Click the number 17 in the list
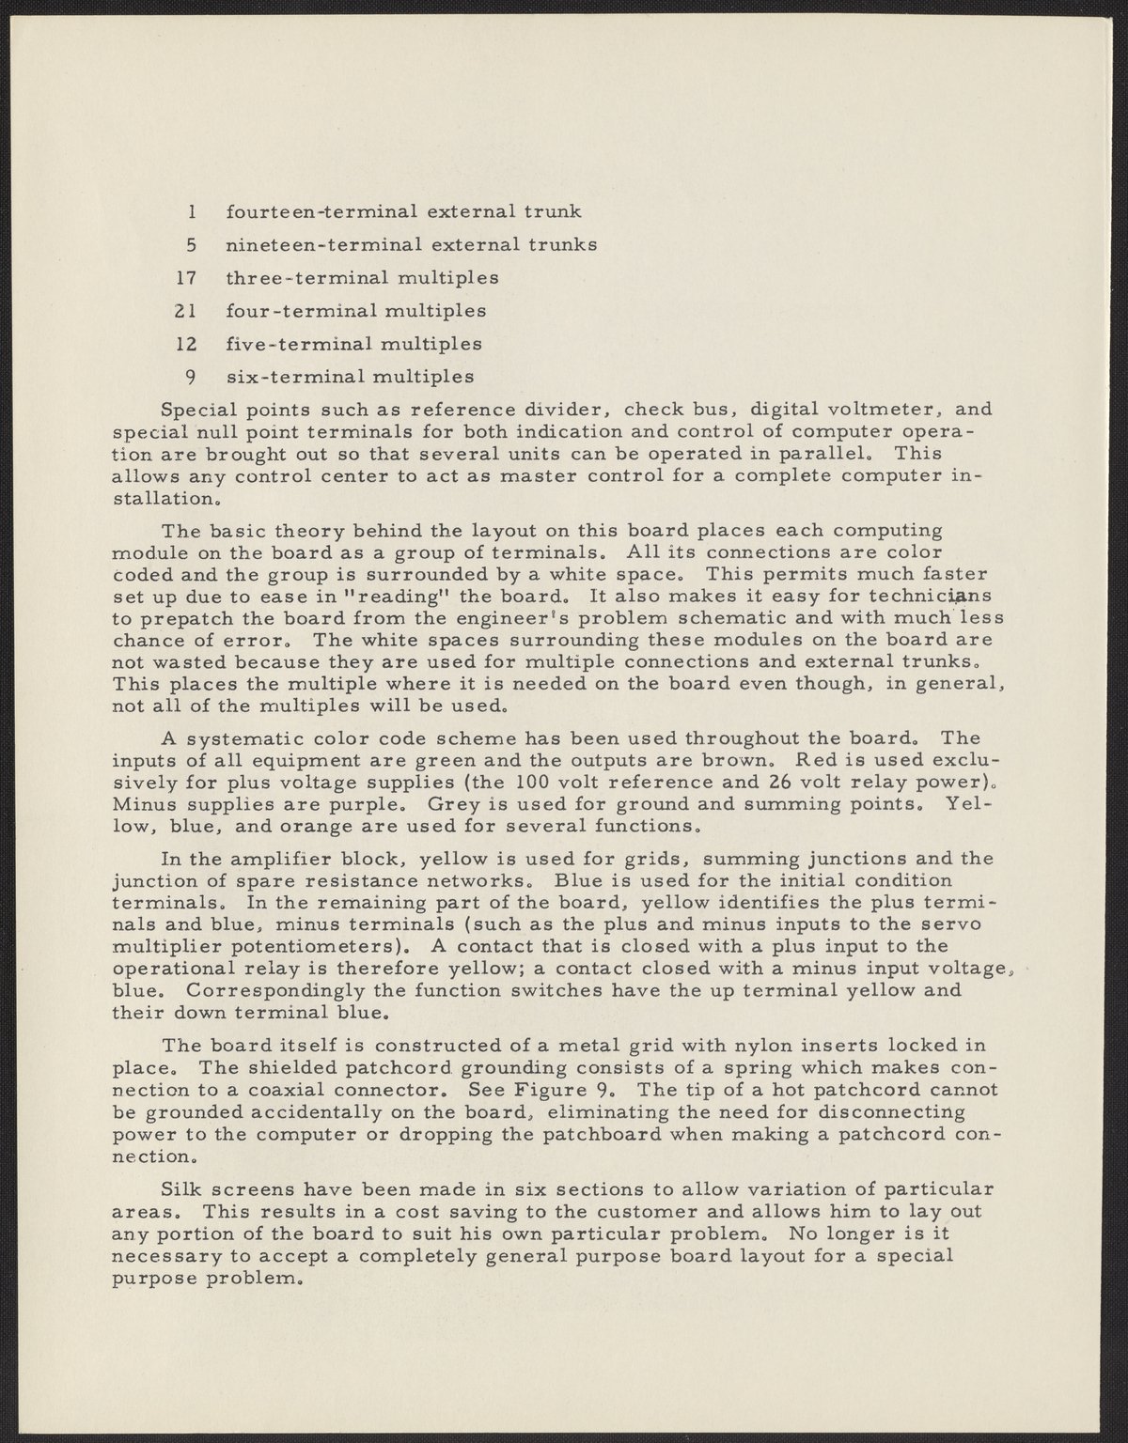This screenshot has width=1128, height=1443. coord(184,278)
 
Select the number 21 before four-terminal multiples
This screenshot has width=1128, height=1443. coord(184,311)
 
